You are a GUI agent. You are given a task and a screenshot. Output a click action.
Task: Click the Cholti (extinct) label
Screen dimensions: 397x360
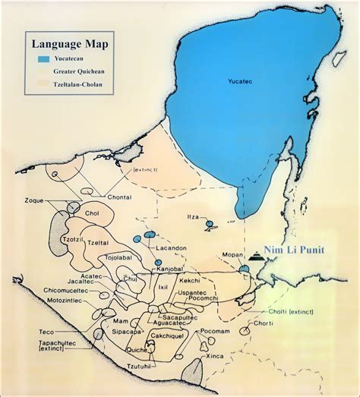coord(298,314)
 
